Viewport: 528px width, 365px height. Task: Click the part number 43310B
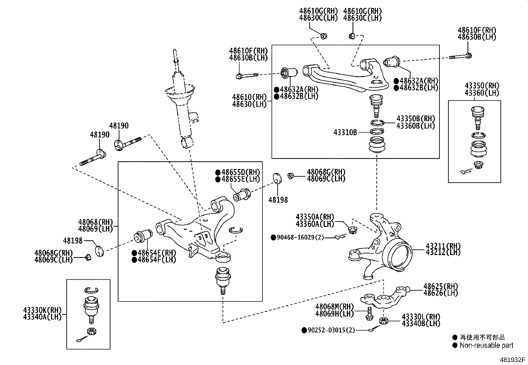pyautogui.click(x=345, y=133)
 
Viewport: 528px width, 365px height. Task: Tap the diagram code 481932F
pyautogui.click(x=513, y=360)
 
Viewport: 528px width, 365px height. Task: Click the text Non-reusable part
pyautogui.click(x=486, y=345)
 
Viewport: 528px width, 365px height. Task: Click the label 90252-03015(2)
pyautogui.click(x=331, y=330)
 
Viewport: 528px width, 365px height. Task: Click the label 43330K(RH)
pyautogui.click(x=42, y=310)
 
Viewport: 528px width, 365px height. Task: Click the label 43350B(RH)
pyautogui.click(x=416, y=119)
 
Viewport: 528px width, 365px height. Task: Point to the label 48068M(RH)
pyautogui.click(x=335, y=307)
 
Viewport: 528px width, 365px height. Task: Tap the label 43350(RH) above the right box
pyautogui.click(x=482, y=86)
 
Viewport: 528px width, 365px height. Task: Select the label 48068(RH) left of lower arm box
pyautogui.click(x=96, y=222)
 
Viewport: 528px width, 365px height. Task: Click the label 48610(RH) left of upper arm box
pyautogui.click(x=249, y=97)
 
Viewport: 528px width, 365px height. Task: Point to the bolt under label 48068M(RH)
pyautogui.click(x=369, y=314)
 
